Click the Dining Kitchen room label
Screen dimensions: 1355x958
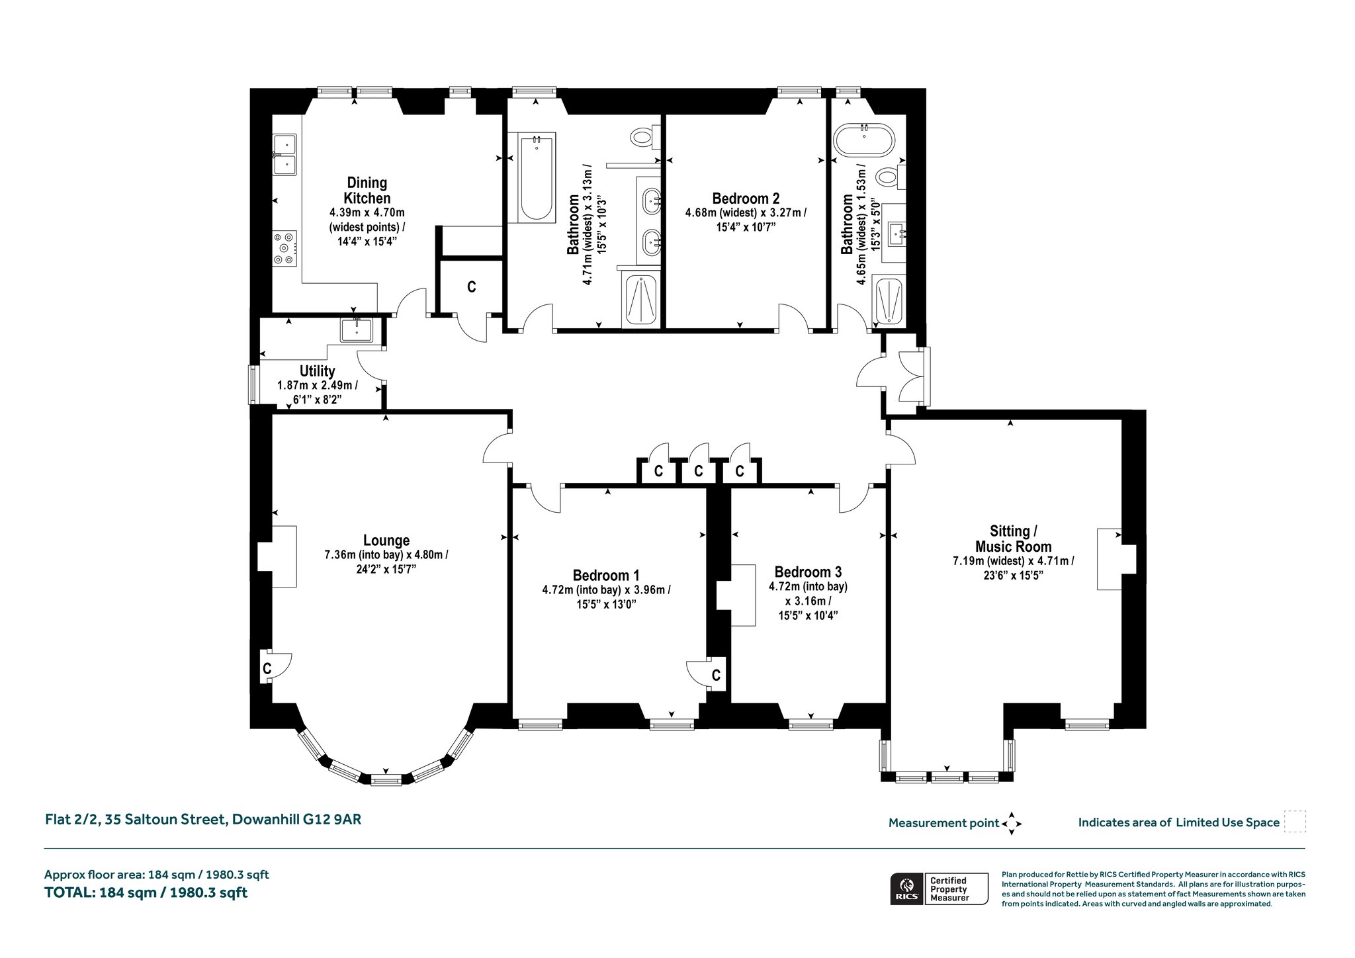pyautogui.click(x=367, y=191)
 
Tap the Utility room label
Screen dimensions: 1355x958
pyautogui.click(x=318, y=371)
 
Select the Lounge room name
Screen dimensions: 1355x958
pyautogui.click(x=386, y=541)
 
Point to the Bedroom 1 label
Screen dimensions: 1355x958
pyautogui.click(x=606, y=576)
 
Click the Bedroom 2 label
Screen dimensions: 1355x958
pyautogui.click(x=746, y=198)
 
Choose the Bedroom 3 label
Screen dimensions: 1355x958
pyautogui.click(x=808, y=572)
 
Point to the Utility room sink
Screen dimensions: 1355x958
pyautogui.click(x=357, y=329)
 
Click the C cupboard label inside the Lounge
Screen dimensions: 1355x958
pyautogui.click(x=267, y=668)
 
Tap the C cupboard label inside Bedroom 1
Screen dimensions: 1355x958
pyautogui.click(x=716, y=675)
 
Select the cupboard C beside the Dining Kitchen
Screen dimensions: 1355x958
pyautogui.click(x=472, y=287)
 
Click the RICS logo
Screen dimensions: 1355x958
pyautogui.click(x=906, y=889)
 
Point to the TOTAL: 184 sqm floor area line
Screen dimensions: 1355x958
pyautogui.click(x=146, y=893)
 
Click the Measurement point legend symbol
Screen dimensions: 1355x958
pyautogui.click(x=1012, y=824)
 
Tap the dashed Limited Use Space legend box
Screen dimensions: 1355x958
pyautogui.click(x=1295, y=822)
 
